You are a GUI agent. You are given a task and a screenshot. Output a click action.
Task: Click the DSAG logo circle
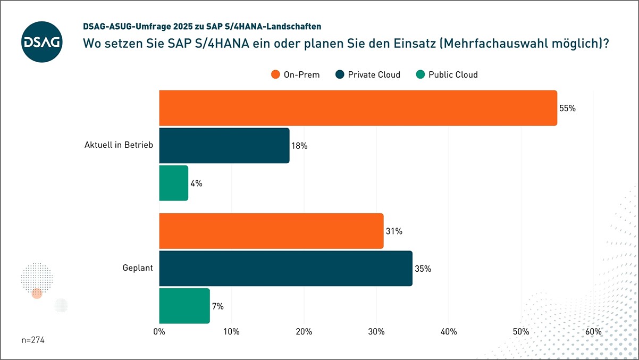pyautogui.click(x=42, y=42)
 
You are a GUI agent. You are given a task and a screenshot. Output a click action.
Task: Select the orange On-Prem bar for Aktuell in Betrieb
pyautogui.click(x=358, y=108)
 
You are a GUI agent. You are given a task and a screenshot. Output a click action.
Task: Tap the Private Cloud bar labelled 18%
pyautogui.click(x=224, y=145)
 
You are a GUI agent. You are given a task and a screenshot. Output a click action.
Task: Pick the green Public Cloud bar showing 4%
pyautogui.click(x=173, y=183)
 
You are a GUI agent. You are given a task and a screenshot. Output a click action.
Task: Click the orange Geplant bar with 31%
pyautogui.click(x=271, y=231)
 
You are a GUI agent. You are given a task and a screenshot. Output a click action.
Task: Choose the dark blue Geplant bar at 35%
pyautogui.click(x=285, y=269)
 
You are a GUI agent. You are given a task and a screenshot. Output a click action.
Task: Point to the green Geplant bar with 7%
pyautogui.click(x=184, y=306)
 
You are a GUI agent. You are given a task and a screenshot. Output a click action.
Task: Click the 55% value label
pyautogui.click(x=567, y=108)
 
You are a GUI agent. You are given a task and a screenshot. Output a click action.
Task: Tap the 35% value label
pyautogui.click(x=423, y=269)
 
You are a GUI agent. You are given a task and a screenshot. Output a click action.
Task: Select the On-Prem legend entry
pyautogui.click(x=296, y=74)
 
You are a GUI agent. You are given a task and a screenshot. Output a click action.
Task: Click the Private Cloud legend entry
pyautogui.click(x=368, y=74)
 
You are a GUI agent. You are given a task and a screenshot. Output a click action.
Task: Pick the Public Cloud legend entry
pyautogui.click(x=447, y=74)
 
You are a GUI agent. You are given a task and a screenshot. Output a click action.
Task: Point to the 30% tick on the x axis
pyautogui.click(x=376, y=332)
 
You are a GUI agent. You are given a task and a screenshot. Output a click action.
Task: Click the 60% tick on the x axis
pyautogui.click(x=593, y=332)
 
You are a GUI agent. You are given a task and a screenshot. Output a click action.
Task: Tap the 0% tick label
pyautogui.click(x=159, y=332)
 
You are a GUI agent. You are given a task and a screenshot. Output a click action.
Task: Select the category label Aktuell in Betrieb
pyautogui.click(x=119, y=145)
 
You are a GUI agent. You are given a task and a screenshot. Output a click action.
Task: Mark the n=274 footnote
pyautogui.click(x=33, y=340)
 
